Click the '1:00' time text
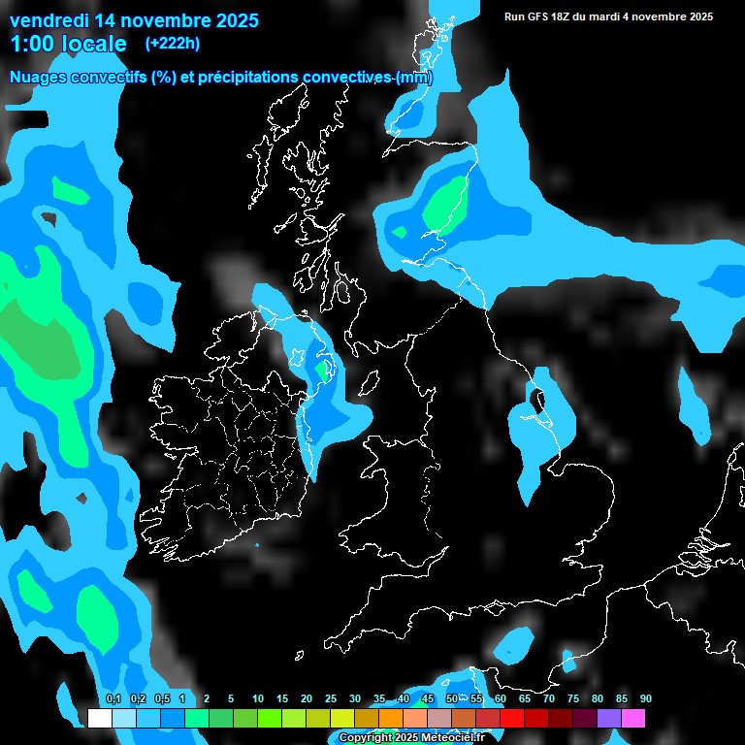click(32, 44)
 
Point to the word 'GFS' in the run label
click(539, 16)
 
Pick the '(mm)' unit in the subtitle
click(413, 77)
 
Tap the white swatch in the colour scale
click(99, 718)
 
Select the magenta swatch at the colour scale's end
click(633, 718)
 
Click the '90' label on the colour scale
click(645, 699)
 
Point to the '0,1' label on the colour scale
click(113, 699)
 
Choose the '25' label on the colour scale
click(331, 699)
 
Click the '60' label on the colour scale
click(500, 699)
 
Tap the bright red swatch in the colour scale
click(512, 718)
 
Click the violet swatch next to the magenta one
click(609, 718)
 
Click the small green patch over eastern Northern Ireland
click(322, 370)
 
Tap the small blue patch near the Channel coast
click(512, 641)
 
